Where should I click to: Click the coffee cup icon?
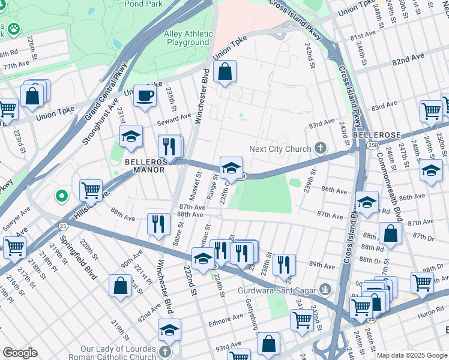coord(145,96)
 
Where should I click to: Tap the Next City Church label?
coord(281,149)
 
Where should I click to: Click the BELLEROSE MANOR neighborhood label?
coord(145,166)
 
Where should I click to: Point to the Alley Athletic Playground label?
coord(188,38)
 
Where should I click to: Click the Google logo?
coord(20,352)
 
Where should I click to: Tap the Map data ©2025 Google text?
coord(412,355)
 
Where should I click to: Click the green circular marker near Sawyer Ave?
coord(61,196)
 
